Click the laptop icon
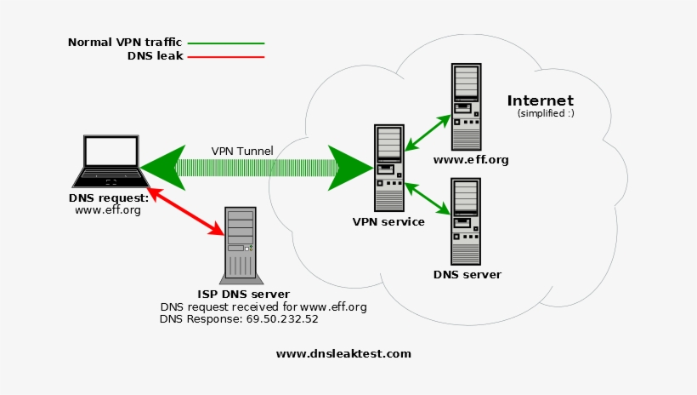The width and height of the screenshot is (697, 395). coord(110,162)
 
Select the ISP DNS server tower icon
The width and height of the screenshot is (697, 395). coord(241,245)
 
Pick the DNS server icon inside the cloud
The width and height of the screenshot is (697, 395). coord(466,220)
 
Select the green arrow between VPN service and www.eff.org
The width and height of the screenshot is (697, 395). coord(427,133)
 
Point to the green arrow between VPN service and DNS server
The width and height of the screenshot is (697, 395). coord(427,198)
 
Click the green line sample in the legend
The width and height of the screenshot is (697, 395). coord(225,43)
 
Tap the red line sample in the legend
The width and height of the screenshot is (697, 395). coord(225,57)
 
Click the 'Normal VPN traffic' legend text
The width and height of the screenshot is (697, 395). coord(124,42)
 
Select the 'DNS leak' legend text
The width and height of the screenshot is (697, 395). coord(155,56)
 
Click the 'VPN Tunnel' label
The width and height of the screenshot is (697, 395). coord(242,152)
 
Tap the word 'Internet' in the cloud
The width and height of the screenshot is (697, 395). coord(540,100)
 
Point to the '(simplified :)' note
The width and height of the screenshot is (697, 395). coord(546,113)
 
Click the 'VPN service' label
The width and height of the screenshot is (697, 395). coord(388,222)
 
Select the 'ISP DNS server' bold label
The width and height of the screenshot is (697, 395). coord(244,295)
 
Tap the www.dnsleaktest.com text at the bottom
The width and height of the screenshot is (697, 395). coord(343,353)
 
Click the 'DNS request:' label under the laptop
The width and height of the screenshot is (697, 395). coord(108,197)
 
